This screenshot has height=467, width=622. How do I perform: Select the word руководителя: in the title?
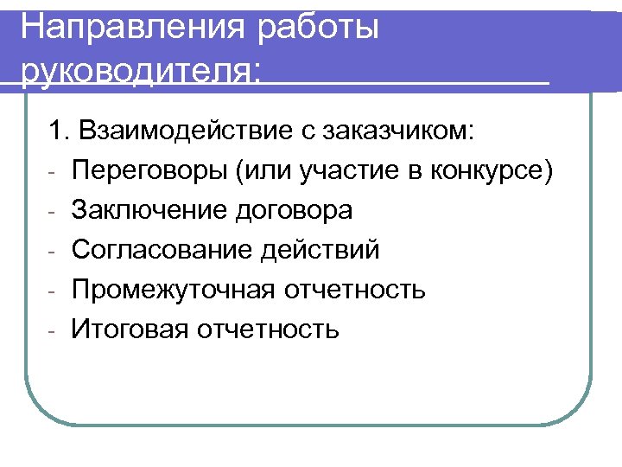click(138, 74)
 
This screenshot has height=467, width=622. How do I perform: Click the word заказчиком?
click(398, 131)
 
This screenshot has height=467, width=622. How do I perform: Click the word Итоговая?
click(130, 329)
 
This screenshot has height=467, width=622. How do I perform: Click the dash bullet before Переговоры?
click(53, 173)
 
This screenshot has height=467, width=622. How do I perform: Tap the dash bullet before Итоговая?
click(53, 331)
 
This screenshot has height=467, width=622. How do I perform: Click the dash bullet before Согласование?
click(53, 253)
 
